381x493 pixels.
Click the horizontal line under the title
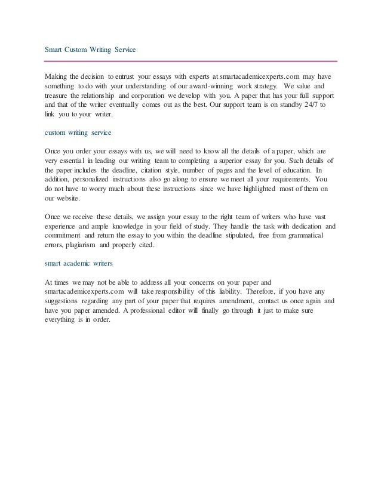click(192, 61)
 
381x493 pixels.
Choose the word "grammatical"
click(314, 236)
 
